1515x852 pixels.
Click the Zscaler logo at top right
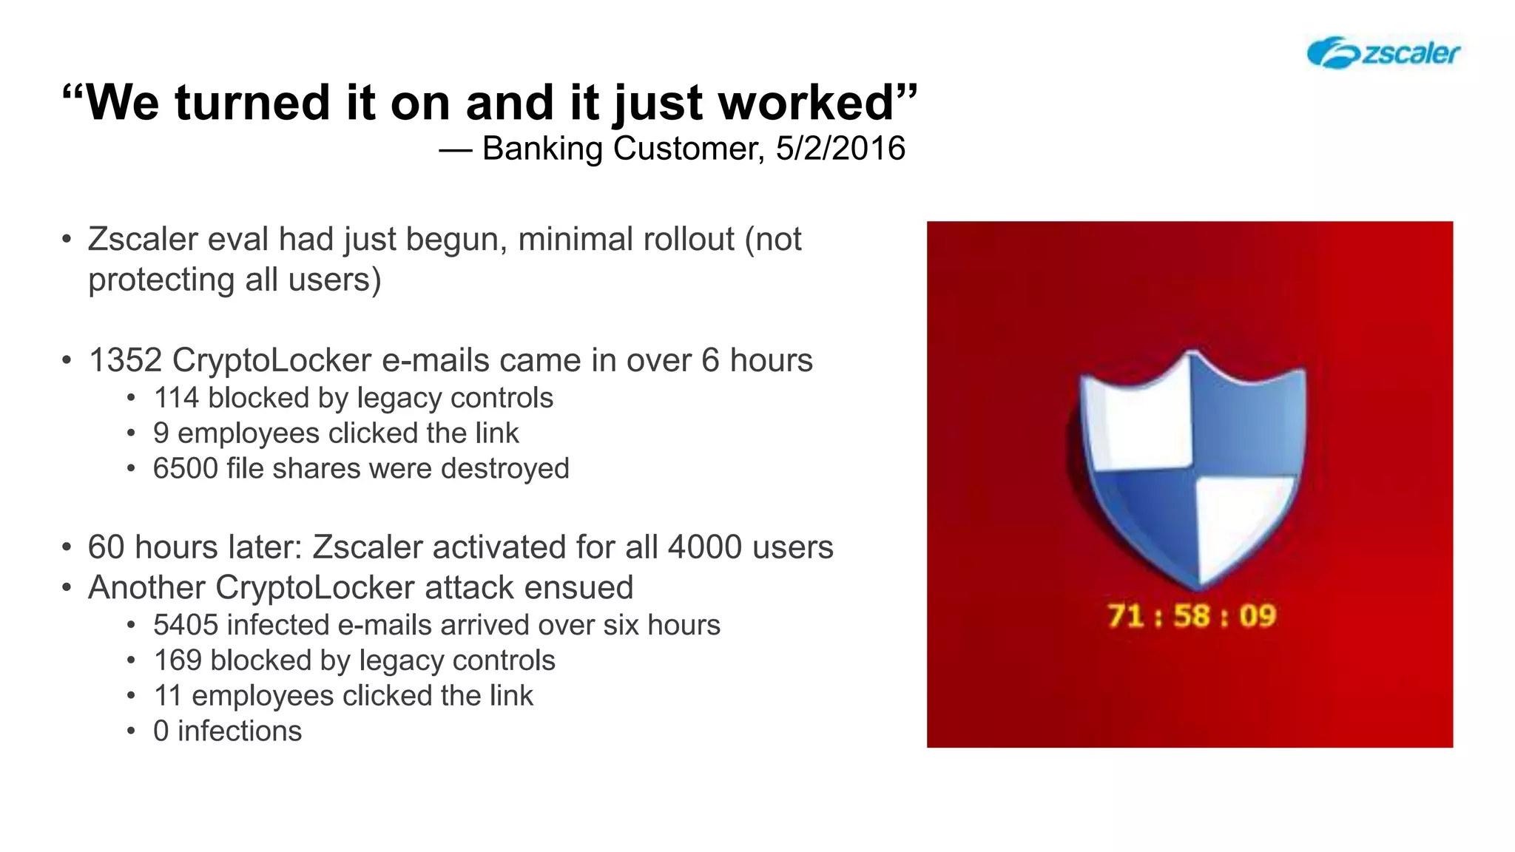click(x=1383, y=53)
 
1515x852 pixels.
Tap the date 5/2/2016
click(x=840, y=149)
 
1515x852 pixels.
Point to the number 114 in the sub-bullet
click(x=176, y=398)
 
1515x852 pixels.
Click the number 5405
click(x=186, y=626)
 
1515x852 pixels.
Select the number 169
click(x=178, y=660)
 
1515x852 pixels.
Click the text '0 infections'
click(x=227, y=731)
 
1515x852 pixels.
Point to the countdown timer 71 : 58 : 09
click(x=1192, y=616)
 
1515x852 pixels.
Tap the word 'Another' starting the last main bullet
click(x=146, y=588)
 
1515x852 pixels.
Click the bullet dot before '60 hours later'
click(x=67, y=548)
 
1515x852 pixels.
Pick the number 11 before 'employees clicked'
click(x=167, y=696)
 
